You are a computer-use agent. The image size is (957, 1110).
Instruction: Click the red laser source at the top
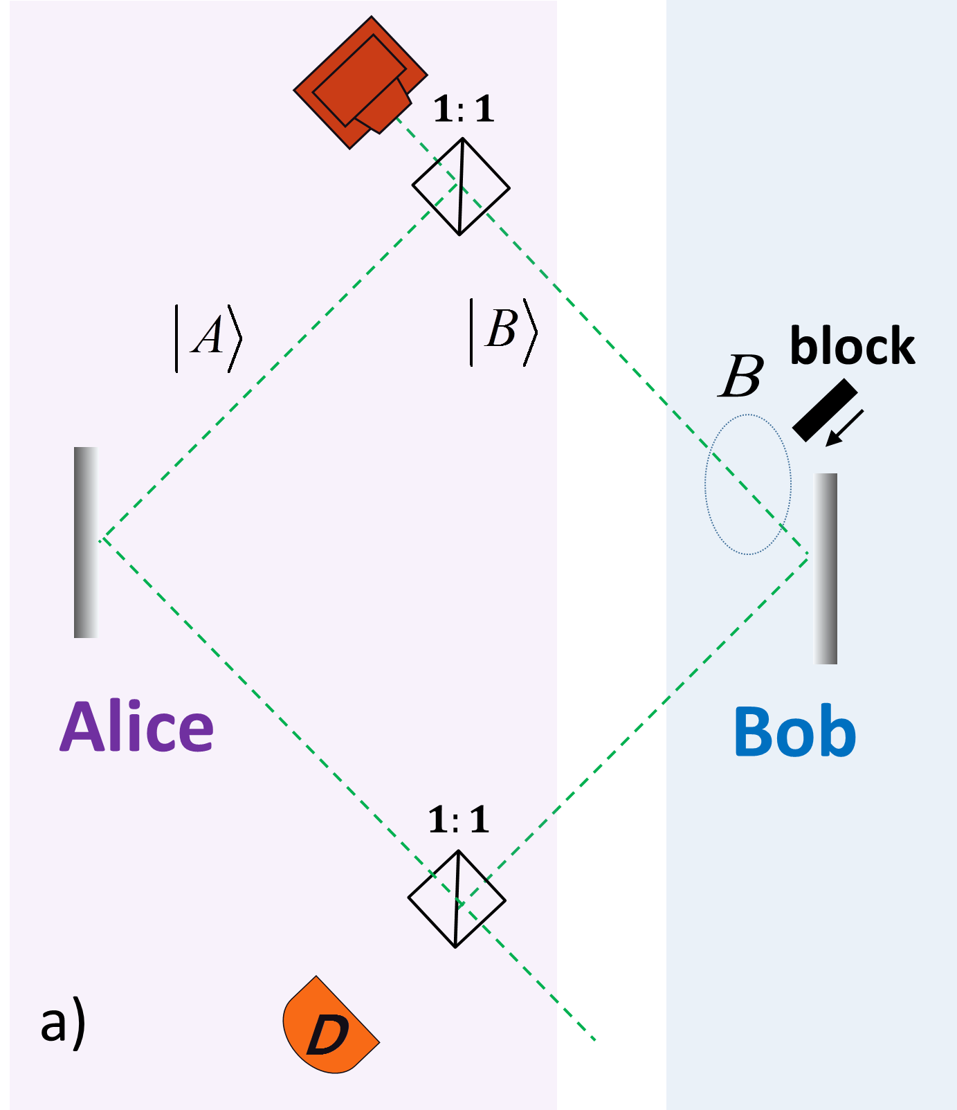[360, 83]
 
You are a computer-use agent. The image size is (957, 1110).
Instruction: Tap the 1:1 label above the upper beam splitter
[464, 110]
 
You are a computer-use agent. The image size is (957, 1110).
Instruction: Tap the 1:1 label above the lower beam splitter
[459, 820]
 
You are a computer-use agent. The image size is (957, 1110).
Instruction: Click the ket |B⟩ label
[503, 331]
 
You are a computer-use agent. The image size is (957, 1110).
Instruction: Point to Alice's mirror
[86, 542]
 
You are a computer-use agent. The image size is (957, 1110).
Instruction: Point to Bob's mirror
[825, 568]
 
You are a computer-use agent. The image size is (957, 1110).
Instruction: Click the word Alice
[137, 727]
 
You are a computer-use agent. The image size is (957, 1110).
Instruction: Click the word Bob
[794, 732]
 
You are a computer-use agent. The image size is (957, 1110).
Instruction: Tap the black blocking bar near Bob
[824, 410]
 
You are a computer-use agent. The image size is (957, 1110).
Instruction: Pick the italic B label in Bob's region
[741, 377]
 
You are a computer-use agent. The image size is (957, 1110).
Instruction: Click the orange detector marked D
[329, 1028]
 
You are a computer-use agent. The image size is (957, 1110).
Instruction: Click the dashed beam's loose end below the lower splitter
[594, 1038]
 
